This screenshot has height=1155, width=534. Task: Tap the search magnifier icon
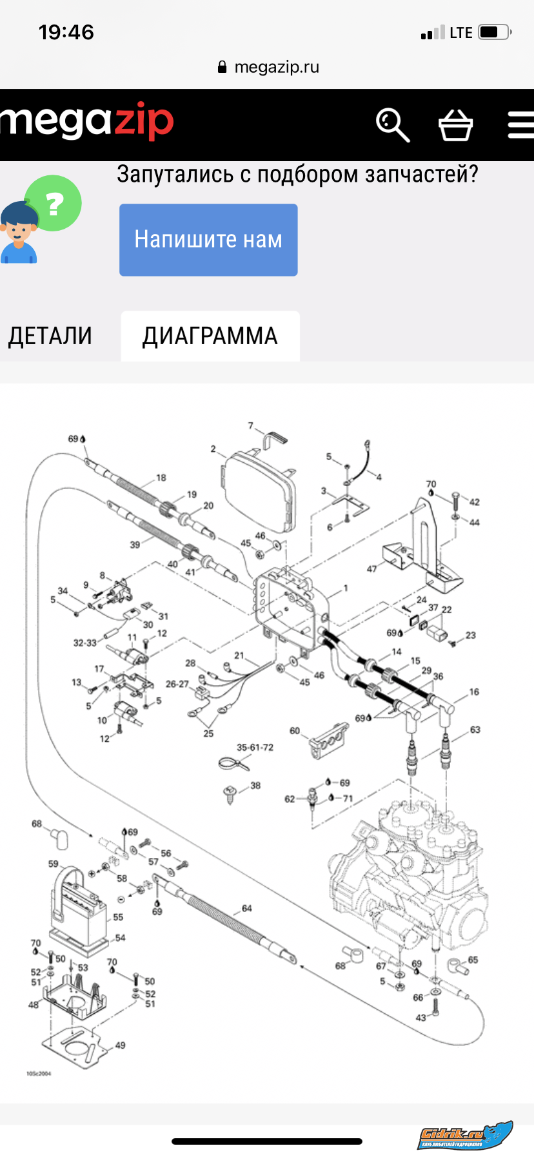click(x=392, y=124)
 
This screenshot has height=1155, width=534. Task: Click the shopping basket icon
click(x=455, y=124)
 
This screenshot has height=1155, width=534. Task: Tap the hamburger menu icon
click(x=520, y=124)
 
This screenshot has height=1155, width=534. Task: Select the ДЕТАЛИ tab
click(x=50, y=336)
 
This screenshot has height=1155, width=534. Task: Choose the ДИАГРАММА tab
click(x=210, y=336)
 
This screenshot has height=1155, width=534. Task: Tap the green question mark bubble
click(x=54, y=204)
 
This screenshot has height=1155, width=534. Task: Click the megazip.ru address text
click(x=277, y=67)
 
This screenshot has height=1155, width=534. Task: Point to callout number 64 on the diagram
click(x=246, y=908)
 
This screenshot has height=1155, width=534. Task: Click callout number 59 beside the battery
click(x=53, y=864)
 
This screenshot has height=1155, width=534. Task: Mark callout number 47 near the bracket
click(x=371, y=568)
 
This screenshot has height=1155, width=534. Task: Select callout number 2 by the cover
click(x=213, y=449)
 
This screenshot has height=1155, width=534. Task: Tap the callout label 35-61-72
click(x=255, y=747)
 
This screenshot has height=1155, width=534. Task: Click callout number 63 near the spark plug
click(x=475, y=730)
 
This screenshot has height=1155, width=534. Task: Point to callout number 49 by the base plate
click(x=120, y=1045)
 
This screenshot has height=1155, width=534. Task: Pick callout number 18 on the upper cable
click(x=161, y=478)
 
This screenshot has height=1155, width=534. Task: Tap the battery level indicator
click(x=494, y=32)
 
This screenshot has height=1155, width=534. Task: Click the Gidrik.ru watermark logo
click(x=464, y=1135)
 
